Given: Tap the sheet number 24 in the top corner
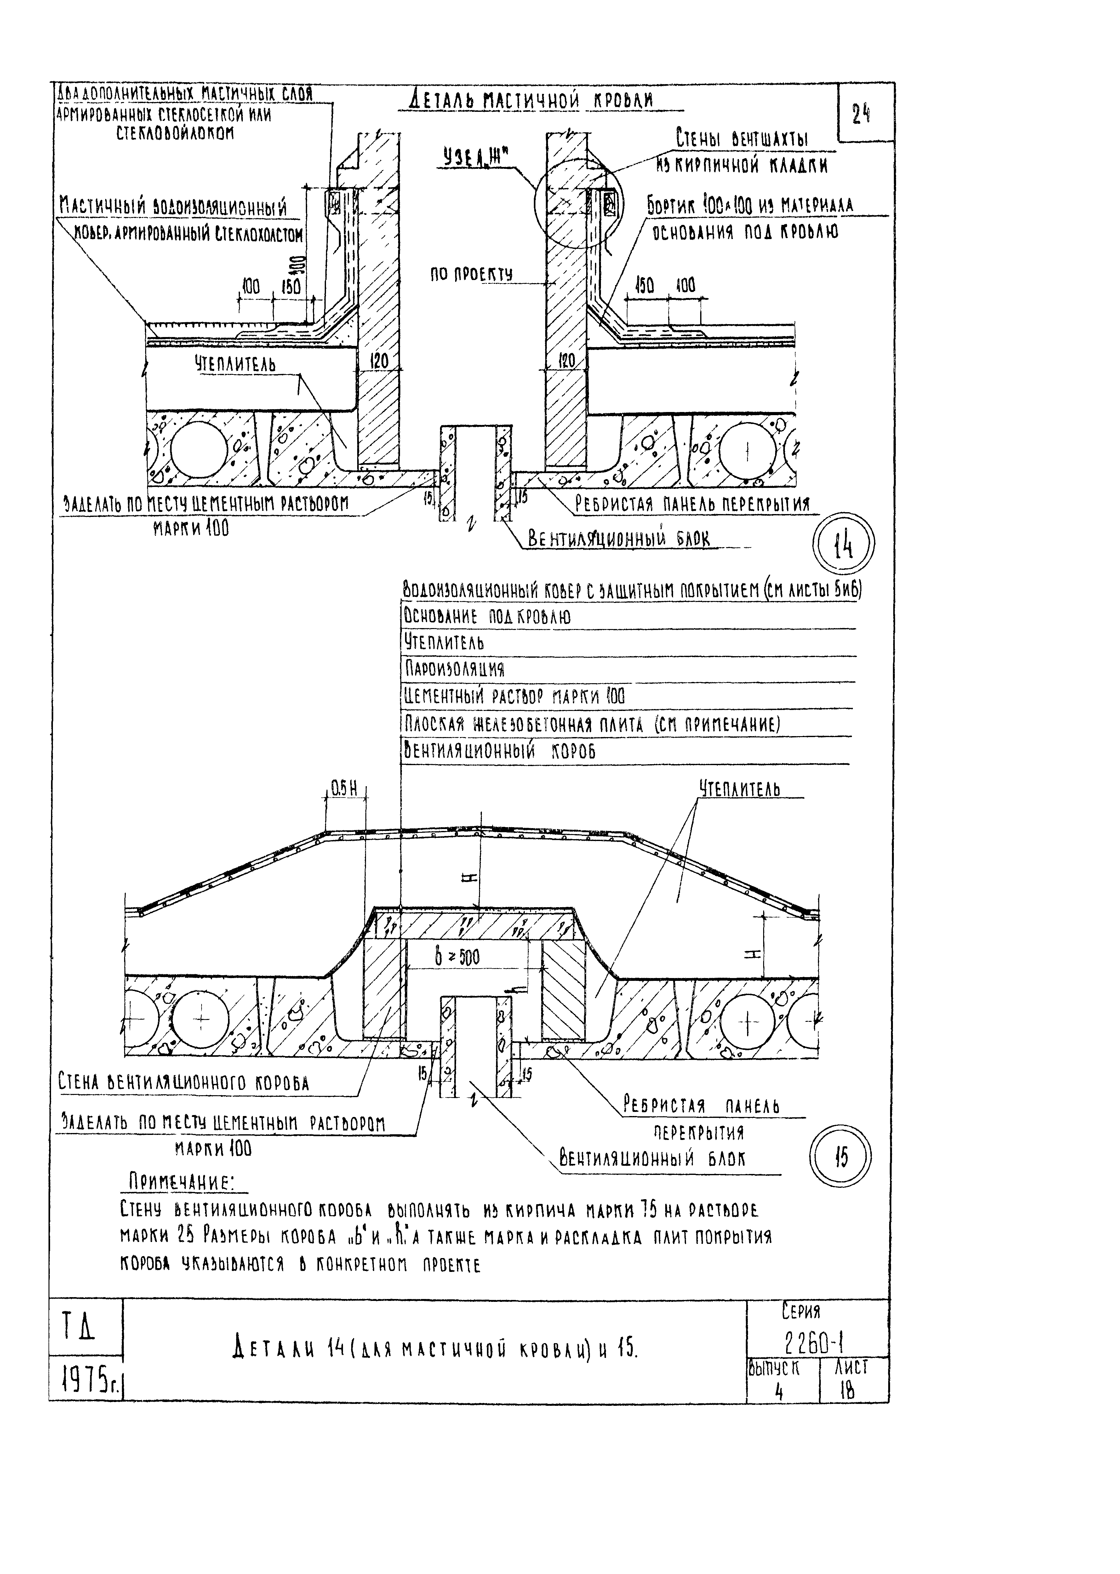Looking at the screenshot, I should (861, 114).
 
